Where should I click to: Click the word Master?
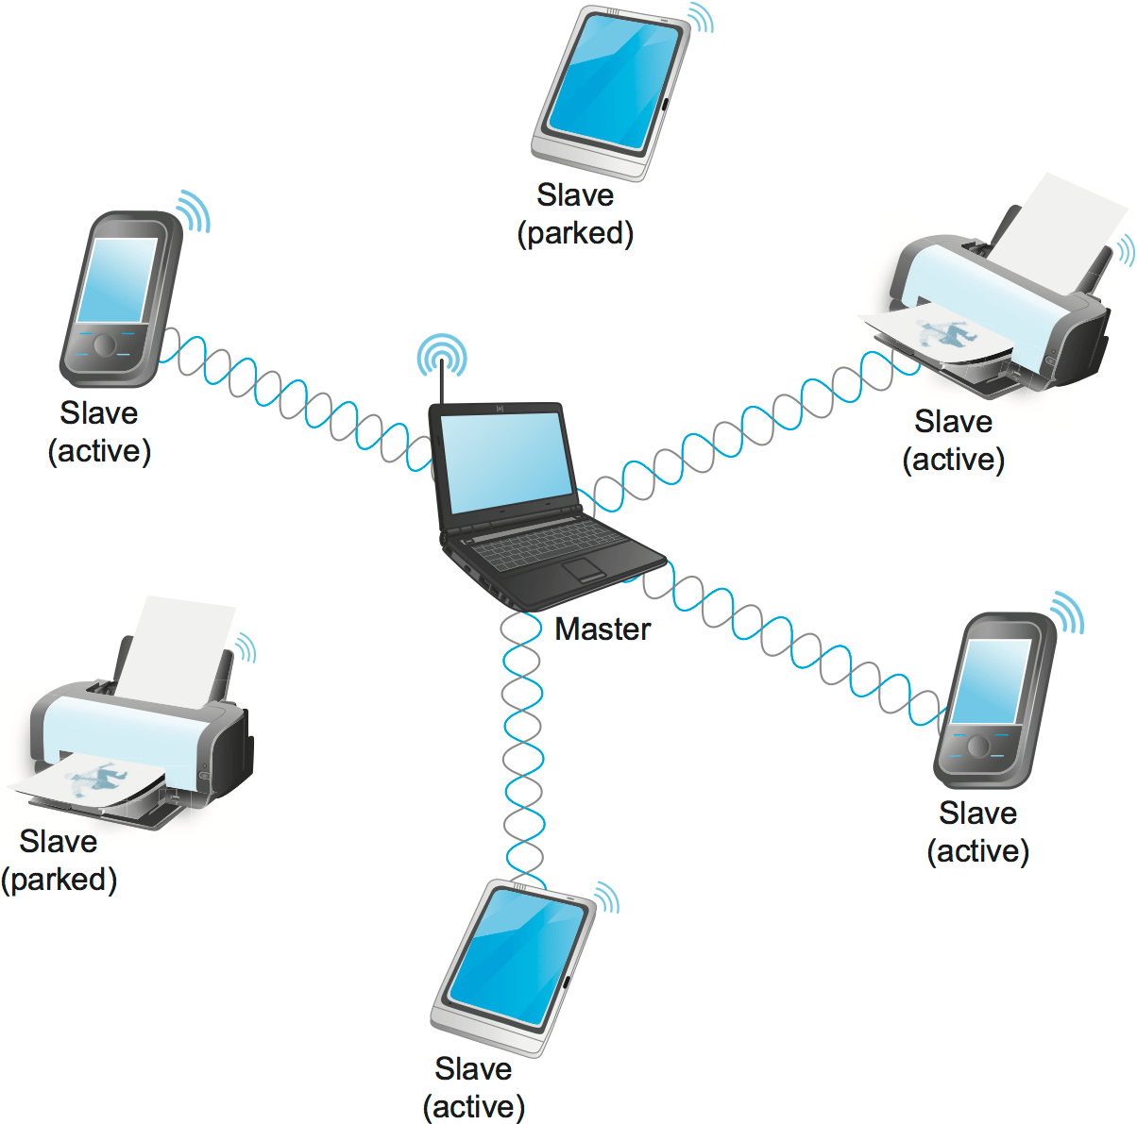coord(602,629)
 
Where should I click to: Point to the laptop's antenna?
coord(441,382)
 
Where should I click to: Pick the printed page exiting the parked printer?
coord(90,780)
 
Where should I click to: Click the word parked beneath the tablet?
coord(575,233)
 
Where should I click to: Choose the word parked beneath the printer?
coord(59,880)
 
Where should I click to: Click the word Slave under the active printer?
coord(953,421)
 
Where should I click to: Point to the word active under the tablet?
coord(473,1106)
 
